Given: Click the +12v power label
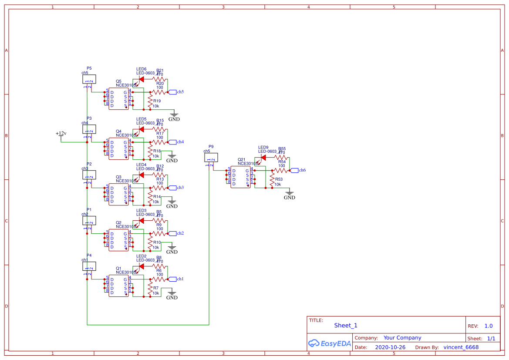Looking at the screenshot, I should (61, 133).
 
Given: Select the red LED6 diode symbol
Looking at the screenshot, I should (141, 79).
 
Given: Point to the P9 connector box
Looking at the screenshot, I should (211, 158).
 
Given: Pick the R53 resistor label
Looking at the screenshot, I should (279, 179).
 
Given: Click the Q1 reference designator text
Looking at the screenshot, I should (118, 268).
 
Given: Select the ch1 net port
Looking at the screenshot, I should (179, 279).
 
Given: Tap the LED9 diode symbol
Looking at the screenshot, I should (263, 158).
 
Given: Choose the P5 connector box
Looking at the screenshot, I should (89, 79).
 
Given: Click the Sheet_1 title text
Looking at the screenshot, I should (346, 325).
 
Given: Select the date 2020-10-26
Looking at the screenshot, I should (390, 347).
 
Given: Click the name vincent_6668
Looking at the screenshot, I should (461, 347).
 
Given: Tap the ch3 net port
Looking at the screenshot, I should (179, 188).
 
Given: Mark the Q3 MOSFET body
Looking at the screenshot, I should (119, 195).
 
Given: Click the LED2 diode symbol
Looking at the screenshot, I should (141, 266).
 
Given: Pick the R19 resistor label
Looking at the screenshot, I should (157, 101).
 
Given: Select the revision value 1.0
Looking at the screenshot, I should (489, 326).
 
